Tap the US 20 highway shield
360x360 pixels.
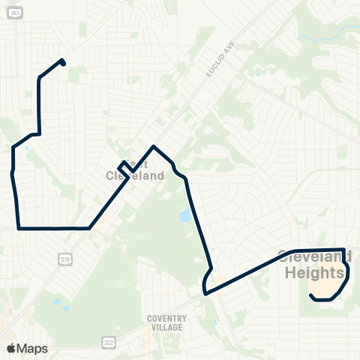65,258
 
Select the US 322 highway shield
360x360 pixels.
108,342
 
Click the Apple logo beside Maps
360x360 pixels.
11,348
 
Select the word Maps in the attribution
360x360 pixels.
33,348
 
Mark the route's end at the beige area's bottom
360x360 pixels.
310,295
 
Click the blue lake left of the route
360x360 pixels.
184,217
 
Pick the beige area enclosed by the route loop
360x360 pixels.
327,283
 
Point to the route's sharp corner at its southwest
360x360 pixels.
18,227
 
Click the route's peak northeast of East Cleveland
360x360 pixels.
154,146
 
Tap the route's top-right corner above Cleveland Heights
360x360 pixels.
344,250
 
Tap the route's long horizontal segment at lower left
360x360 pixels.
52,228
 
